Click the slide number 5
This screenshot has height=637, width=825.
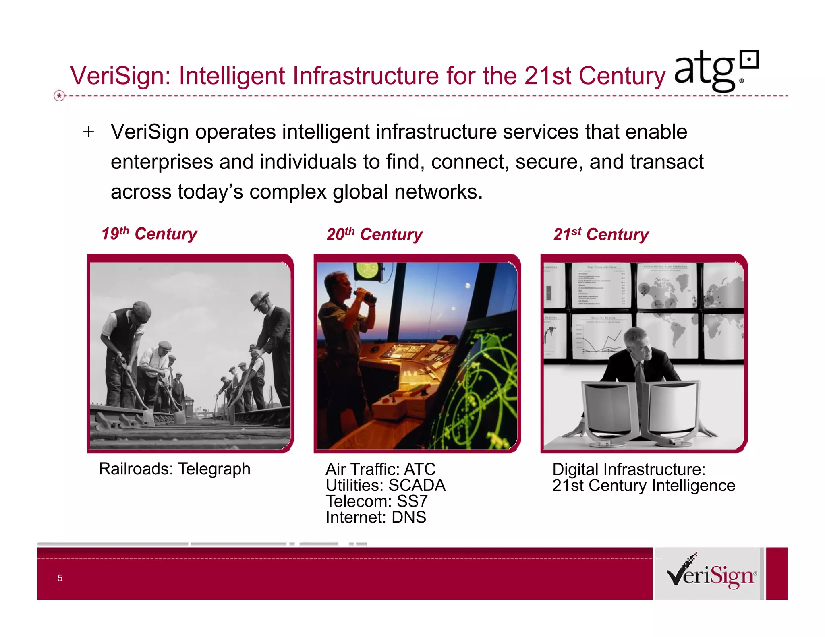[x=60, y=578]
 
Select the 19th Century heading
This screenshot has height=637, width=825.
[x=149, y=234]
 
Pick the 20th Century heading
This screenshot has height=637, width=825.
[x=374, y=234]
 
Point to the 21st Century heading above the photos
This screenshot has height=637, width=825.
[x=601, y=234]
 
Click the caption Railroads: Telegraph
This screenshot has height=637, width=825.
[x=174, y=469]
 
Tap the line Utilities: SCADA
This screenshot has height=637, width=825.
[x=386, y=485]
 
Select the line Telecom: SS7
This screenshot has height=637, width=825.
[x=376, y=501]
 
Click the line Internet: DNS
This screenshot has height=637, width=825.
[x=375, y=517]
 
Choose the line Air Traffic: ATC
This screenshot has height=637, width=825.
[x=380, y=469]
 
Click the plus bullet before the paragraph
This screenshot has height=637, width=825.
[x=88, y=132]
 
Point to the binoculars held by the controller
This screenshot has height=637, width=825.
[x=366, y=296]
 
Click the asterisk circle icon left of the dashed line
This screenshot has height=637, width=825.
[x=59, y=96]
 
